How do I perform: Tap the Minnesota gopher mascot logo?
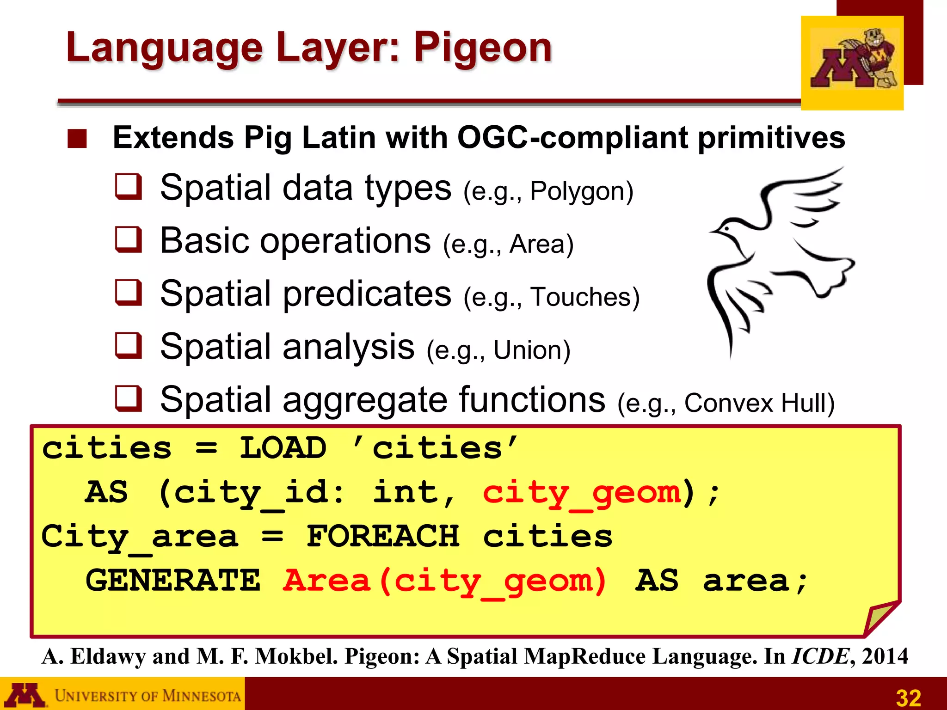(x=852, y=62)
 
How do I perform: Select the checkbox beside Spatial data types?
(x=128, y=187)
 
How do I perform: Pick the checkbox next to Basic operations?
(x=128, y=240)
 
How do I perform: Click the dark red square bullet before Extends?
(x=77, y=139)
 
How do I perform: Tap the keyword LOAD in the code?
(x=283, y=448)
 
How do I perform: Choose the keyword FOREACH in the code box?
(x=382, y=536)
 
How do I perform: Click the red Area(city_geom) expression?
(x=444, y=581)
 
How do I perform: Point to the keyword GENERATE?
(x=173, y=581)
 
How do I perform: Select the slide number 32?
(x=908, y=698)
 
